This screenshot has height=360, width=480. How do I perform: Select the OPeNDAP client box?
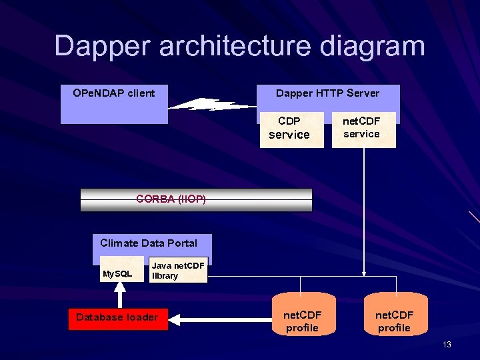[114, 105]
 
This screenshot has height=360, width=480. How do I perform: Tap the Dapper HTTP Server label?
[327, 93]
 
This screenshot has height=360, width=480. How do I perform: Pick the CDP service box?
[289, 128]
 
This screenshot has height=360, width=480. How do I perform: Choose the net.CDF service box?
[361, 128]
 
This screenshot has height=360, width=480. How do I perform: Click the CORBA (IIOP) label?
[171, 199]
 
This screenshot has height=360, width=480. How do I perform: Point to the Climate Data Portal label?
[149, 243]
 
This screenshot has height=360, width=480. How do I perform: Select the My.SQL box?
[117, 273]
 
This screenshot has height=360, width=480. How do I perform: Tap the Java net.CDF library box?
[178, 271]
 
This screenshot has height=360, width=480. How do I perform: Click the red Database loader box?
[117, 317]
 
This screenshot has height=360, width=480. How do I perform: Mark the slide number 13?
[447, 345]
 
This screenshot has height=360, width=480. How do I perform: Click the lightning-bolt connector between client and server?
[212, 105]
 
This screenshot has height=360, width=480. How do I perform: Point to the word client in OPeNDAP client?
[140, 93]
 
